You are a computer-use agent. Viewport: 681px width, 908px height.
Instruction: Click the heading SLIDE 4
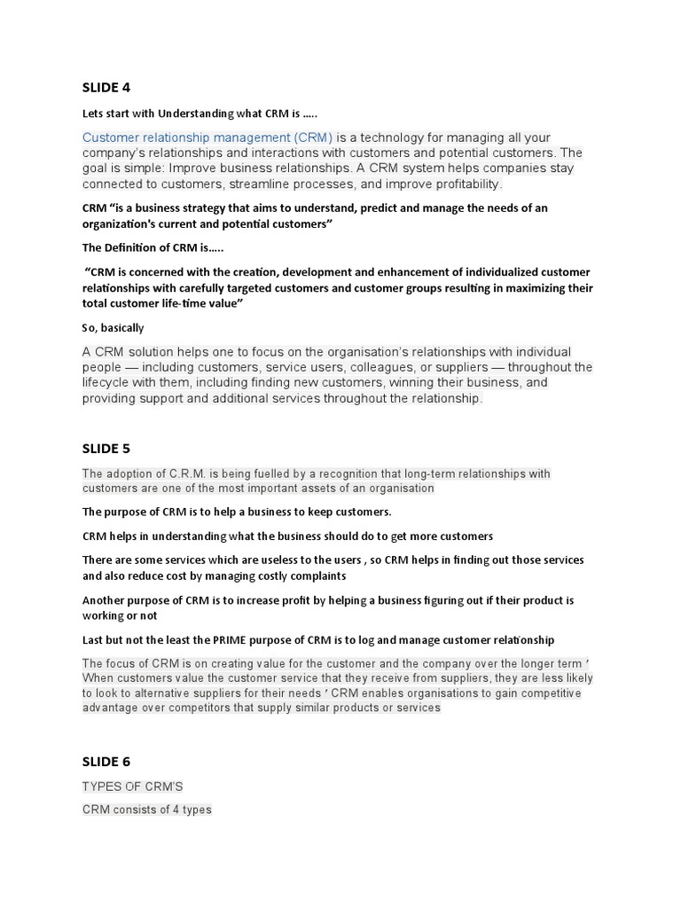point(106,87)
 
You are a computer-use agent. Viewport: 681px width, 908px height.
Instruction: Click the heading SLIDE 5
point(106,449)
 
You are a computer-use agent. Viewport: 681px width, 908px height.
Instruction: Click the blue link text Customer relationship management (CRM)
point(207,137)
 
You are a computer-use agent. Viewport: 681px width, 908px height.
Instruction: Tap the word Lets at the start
point(93,113)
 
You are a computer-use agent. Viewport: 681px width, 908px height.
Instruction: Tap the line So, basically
point(113,328)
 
